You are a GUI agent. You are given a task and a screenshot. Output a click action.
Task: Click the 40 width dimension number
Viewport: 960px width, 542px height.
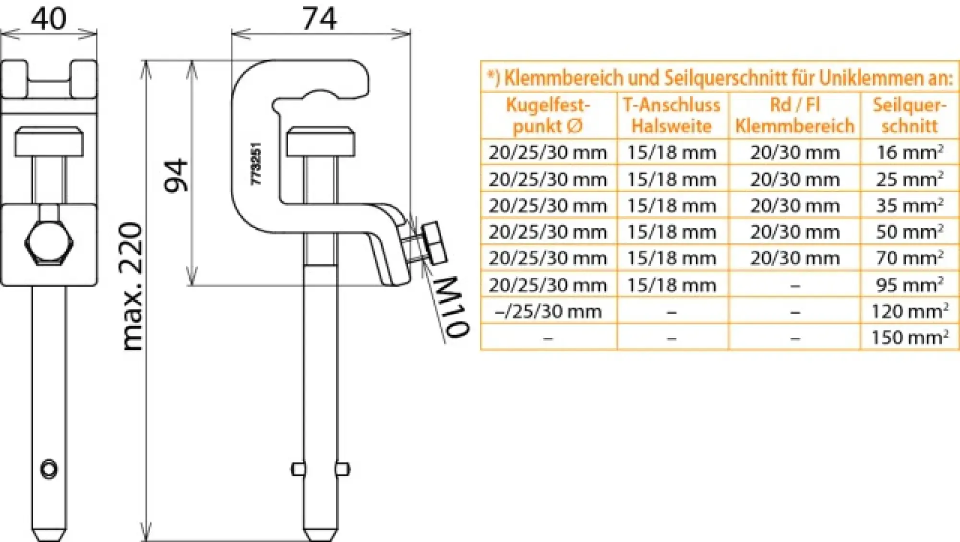[48, 19]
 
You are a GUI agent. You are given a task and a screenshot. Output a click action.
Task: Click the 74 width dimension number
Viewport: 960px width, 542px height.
[320, 19]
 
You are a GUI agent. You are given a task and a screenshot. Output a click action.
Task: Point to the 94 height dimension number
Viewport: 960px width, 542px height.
[176, 175]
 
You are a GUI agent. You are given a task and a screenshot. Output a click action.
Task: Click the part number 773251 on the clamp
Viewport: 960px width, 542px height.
[257, 163]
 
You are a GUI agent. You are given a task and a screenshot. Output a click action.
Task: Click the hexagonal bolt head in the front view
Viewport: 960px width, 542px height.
[48, 243]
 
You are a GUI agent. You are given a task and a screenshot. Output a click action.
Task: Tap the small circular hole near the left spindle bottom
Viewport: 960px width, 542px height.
[49, 468]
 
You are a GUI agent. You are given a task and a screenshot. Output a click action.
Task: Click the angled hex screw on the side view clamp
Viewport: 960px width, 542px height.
[433, 243]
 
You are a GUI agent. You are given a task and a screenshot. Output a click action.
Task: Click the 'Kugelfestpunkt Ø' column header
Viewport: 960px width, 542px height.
[548, 115]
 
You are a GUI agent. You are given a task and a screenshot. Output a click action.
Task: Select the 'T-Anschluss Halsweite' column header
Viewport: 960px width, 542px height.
[672, 115]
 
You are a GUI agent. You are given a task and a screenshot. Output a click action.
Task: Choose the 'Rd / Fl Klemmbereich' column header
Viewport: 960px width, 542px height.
[794, 115]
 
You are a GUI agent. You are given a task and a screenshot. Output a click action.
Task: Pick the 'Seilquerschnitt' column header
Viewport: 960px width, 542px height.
[909, 115]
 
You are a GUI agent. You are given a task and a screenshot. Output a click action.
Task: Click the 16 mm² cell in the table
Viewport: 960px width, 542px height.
[909, 152]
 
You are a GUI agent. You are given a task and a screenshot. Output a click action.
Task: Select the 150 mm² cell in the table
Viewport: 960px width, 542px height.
[909, 337]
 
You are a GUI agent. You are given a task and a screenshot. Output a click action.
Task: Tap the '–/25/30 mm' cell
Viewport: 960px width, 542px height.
[548, 311]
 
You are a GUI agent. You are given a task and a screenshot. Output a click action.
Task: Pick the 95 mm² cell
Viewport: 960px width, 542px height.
[909, 285]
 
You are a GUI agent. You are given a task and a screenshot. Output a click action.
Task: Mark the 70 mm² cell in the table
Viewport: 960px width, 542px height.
[909, 258]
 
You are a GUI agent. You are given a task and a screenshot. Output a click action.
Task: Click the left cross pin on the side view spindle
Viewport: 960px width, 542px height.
[298, 469]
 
